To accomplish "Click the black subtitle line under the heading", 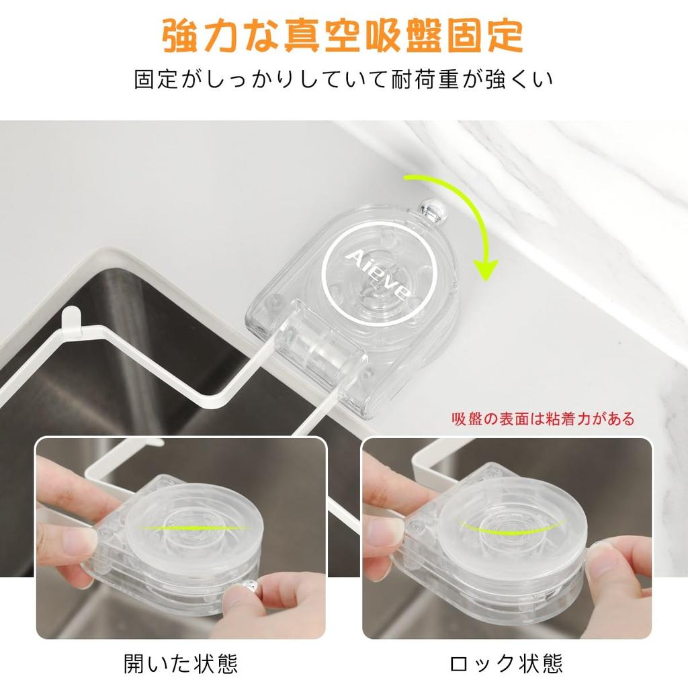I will click(x=343, y=79).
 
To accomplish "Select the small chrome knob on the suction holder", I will click(x=429, y=209).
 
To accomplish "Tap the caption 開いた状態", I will click(x=181, y=664).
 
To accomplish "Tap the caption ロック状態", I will click(x=507, y=664).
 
